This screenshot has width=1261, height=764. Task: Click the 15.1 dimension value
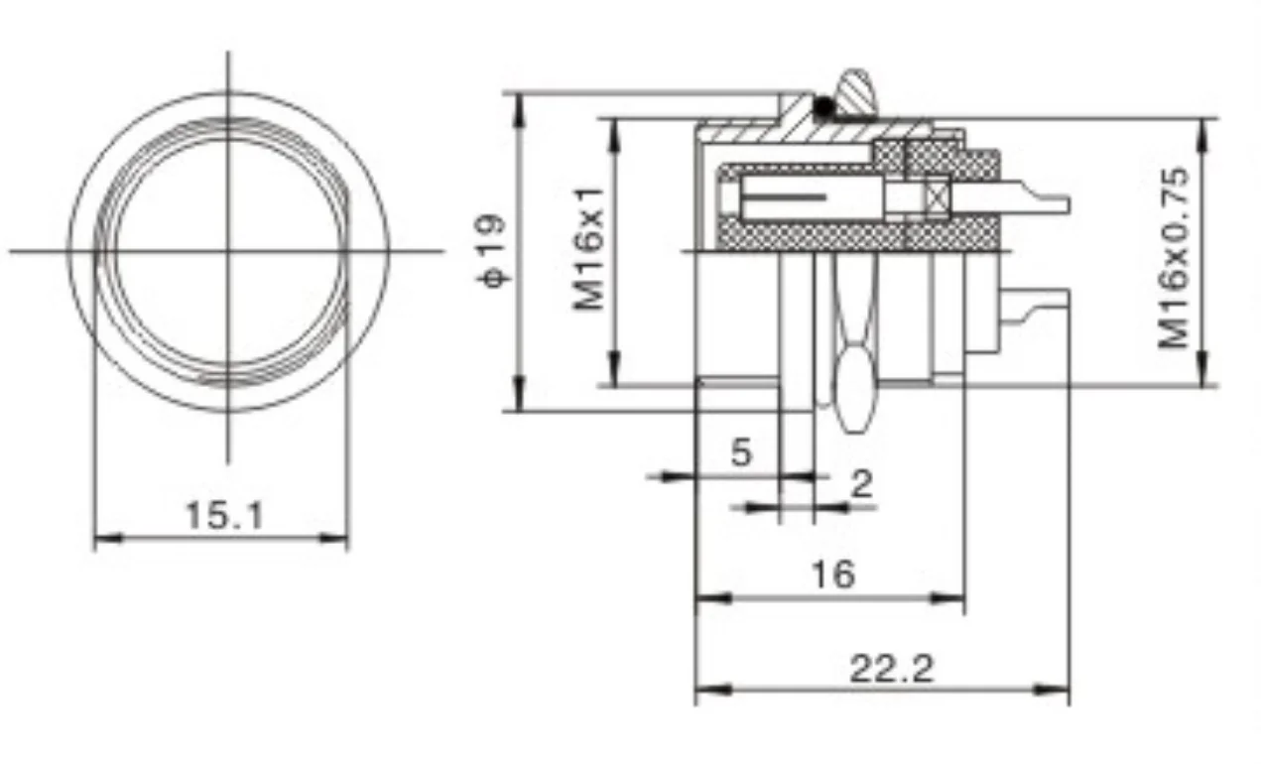click(x=225, y=515)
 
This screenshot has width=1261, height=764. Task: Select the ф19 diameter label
click(x=493, y=251)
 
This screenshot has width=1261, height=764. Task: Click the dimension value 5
click(x=741, y=452)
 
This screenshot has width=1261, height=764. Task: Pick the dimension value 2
click(x=862, y=484)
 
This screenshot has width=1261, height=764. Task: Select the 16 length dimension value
click(x=831, y=573)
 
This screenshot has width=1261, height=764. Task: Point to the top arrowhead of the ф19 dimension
click(x=519, y=103)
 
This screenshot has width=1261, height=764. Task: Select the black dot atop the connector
click(x=821, y=104)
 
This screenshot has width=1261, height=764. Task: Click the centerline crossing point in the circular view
click(x=229, y=250)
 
